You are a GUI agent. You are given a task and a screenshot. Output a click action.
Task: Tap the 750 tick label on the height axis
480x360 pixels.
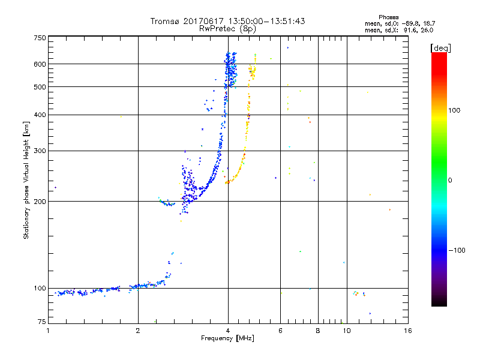click(x=40, y=38)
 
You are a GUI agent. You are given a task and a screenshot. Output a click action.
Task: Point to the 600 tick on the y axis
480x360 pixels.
click(x=40, y=64)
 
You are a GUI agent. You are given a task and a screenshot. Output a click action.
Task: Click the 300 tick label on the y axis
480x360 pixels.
click(x=40, y=151)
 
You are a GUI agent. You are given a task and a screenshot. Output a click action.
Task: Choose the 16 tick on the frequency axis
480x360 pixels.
click(x=407, y=331)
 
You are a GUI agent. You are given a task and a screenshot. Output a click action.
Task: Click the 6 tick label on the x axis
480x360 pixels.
click(x=280, y=331)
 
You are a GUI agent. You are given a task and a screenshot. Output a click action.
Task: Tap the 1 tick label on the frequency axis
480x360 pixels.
click(x=48, y=331)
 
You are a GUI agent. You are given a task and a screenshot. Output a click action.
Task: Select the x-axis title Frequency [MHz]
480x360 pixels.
click(x=227, y=339)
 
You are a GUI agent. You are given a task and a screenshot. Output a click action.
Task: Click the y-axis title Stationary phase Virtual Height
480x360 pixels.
click(x=26, y=181)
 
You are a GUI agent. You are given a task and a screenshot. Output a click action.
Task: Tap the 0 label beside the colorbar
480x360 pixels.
click(x=451, y=180)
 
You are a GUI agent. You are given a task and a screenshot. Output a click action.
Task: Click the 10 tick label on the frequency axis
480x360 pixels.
click(x=346, y=331)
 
